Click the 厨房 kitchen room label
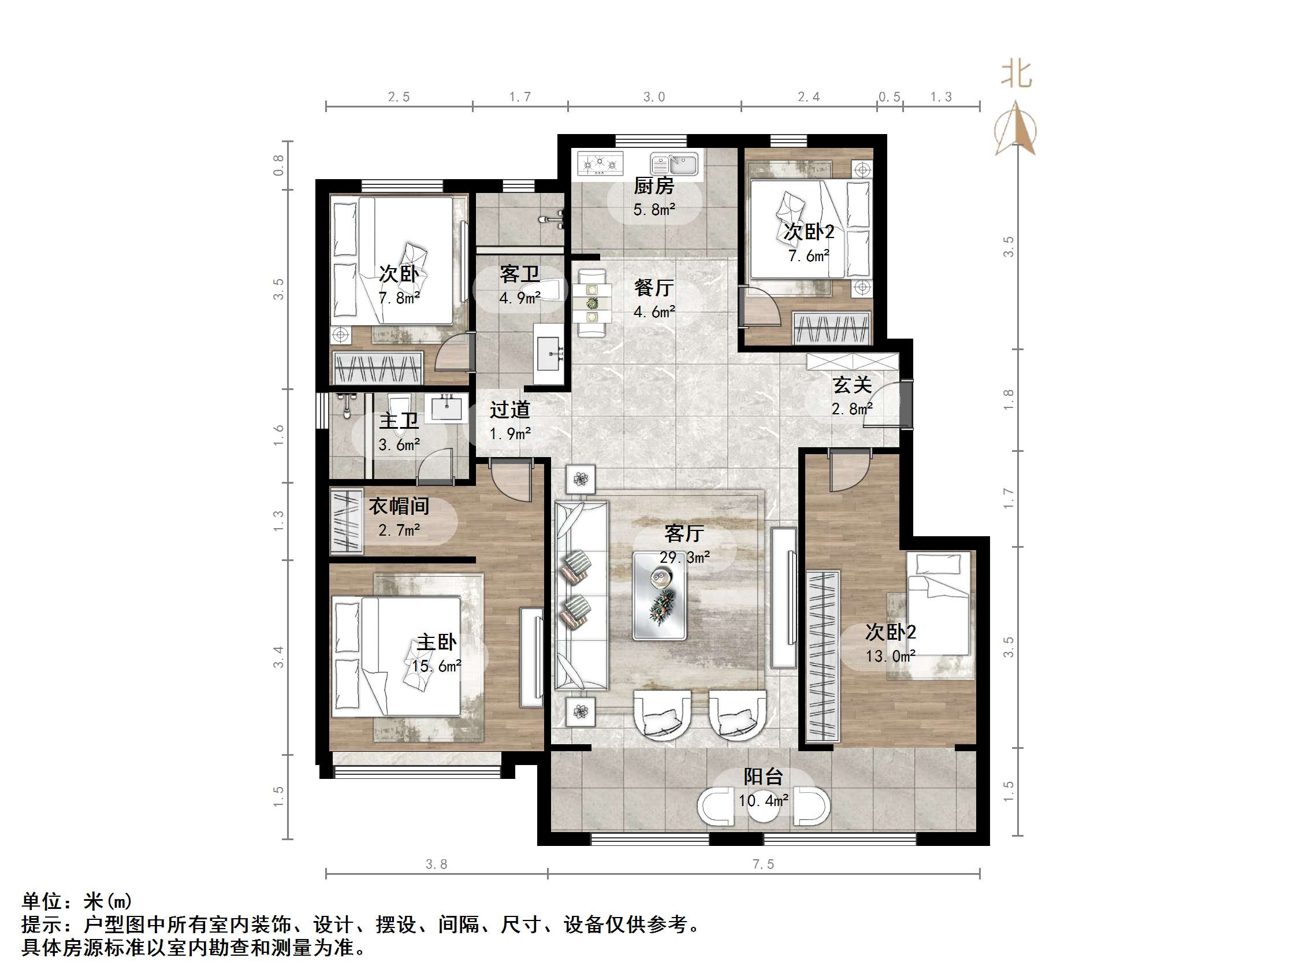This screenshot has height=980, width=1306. pos(654,186)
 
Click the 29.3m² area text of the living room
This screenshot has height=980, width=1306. pos(684,557)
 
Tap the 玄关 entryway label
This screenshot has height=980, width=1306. pos(852,385)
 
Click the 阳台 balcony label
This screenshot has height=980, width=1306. pos(763,777)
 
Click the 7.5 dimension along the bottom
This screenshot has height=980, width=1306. pos(763,864)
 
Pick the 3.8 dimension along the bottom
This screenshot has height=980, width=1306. pos(436,864)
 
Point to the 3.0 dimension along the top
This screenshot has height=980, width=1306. pos(654,97)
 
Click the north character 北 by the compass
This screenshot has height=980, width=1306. pos(1016,75)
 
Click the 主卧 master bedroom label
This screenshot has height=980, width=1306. pos(436,642)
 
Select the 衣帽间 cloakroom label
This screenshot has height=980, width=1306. pos(399,506)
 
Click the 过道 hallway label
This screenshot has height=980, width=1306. pos(509,409)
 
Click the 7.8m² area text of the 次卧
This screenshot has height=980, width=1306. pos(399,298)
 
